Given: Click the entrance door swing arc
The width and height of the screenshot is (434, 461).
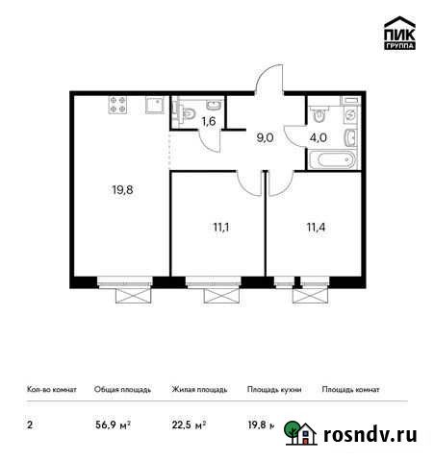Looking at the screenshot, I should pyautogui.click(x=272, y=75).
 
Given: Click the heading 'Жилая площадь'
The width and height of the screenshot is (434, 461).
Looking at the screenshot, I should pyautogui.click(x=199, y=390).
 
